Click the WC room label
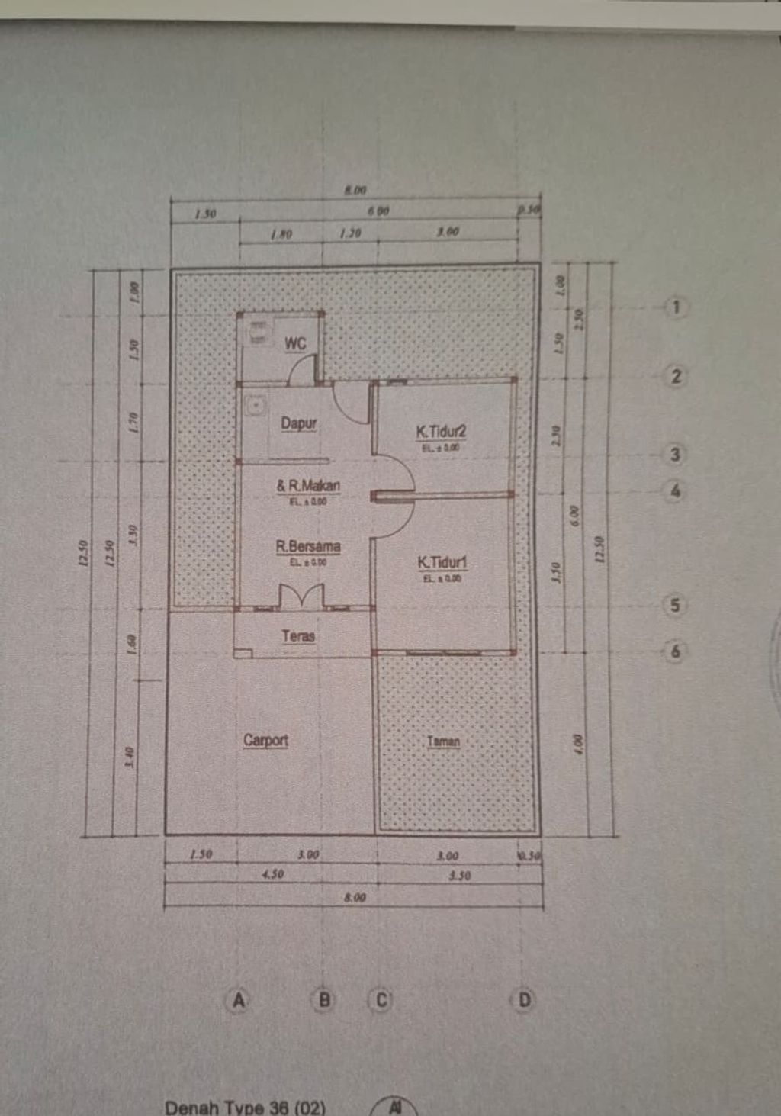295,343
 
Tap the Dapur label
298,423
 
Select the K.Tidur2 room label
441,431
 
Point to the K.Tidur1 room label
442,562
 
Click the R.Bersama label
308,546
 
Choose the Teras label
297,635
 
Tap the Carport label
265,740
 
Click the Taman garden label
443,741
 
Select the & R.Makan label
308,485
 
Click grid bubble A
239,999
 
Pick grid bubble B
324,999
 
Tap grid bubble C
381,999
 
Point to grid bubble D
524,999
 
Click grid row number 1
675,307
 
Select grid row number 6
675,651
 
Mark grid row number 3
675,455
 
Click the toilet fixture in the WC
259,332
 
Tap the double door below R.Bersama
302,597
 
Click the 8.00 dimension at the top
355,190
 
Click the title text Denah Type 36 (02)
245,1108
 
